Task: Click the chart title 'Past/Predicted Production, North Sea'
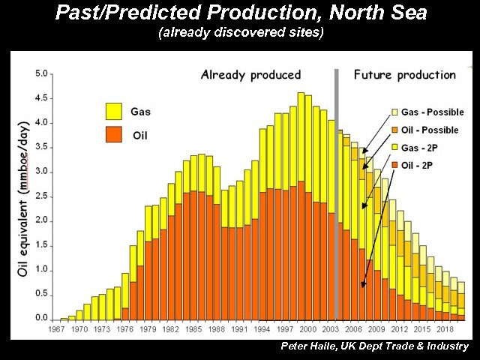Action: tap(240, 13)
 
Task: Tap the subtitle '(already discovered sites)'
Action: tap(240, 34)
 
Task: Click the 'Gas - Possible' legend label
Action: tap(432, 112)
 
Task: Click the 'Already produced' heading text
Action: tap(250, 75)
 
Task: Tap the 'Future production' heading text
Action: tap(404, 75)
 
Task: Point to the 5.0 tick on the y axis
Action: tap(42, 73)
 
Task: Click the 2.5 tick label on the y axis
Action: tap(42, 196)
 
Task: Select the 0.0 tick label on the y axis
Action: tap(42, 318)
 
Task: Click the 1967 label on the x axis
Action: tap(56, 329)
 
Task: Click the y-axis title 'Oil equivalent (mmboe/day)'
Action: tap(24, 196)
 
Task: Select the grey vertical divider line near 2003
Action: tap(337, 195)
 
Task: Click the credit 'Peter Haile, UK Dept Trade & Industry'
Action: tap(374, 346)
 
